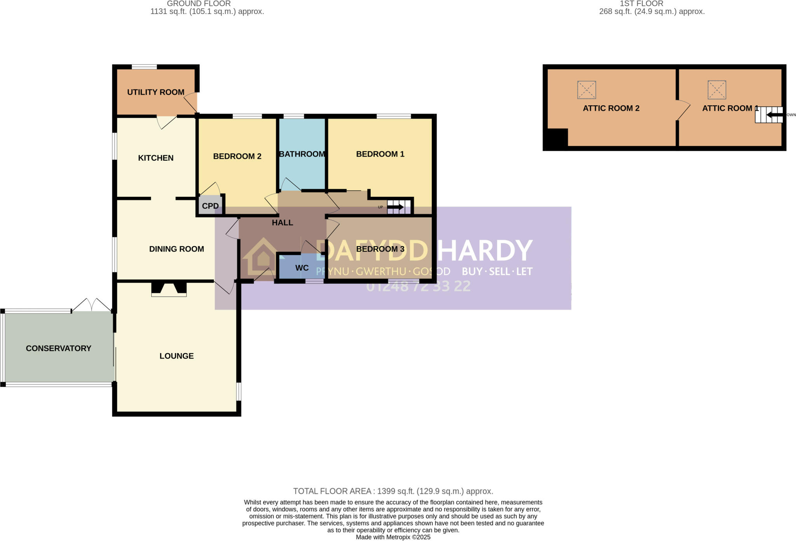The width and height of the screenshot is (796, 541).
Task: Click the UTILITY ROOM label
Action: [155, 92]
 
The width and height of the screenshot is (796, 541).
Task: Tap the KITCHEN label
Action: [155, 158]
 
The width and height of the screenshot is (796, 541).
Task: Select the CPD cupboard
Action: [210, 206]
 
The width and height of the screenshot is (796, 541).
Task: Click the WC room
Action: [302, 268]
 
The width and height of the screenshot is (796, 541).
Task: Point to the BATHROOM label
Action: [302, 154]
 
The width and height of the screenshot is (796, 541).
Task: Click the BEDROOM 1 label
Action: [380, 154]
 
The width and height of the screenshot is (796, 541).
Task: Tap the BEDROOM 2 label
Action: [237, 156]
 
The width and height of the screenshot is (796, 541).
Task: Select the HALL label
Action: [282, 223]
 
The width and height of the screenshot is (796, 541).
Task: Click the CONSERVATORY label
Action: [58, 348]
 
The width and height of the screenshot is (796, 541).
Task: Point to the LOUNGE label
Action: [176, 356]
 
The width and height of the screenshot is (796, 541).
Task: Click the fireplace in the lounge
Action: [169, 289]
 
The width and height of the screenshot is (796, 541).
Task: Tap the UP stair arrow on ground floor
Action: [395, 207]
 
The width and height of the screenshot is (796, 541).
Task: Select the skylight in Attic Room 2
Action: [587, 90]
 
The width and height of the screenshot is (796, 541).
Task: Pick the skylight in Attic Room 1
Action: [717, 90]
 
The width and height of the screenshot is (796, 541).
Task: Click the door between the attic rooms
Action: [683, 110]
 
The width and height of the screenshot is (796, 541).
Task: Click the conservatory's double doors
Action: [92, 305]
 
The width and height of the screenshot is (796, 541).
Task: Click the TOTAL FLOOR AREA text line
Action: [393, 491]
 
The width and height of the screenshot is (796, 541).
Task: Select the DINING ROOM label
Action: [176, 249]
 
